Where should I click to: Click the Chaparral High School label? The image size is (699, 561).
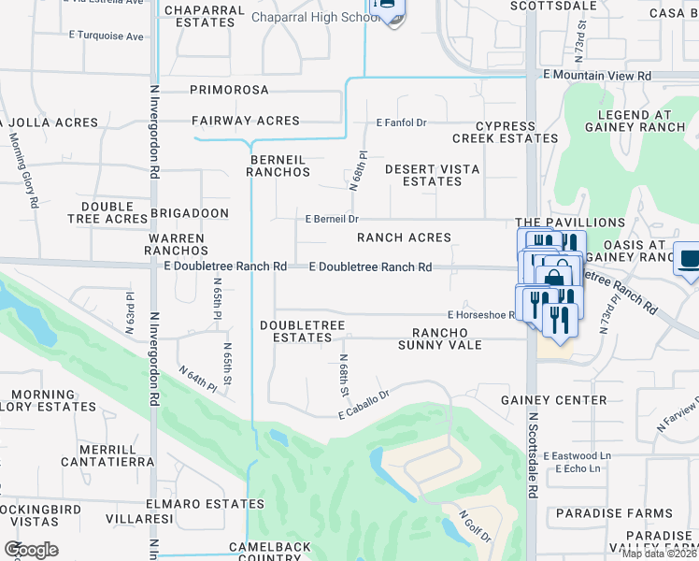point(309,17)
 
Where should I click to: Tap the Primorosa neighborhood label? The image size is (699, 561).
point(229,90)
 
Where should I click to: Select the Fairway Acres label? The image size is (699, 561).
point(246,121)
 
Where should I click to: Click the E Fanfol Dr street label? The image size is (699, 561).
point(401,122)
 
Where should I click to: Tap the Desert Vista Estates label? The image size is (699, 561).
point(433,175)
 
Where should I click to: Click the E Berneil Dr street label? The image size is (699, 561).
point(333,219)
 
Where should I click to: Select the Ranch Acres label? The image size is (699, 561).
point(404,237)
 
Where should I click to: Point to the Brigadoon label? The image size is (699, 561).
point(190,213)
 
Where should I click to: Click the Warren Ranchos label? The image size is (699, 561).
point(176,244)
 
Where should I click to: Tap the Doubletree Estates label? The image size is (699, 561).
point(302,331)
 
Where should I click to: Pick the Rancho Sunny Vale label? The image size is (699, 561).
point(440,338)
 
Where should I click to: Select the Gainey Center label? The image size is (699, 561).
point(566,400)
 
